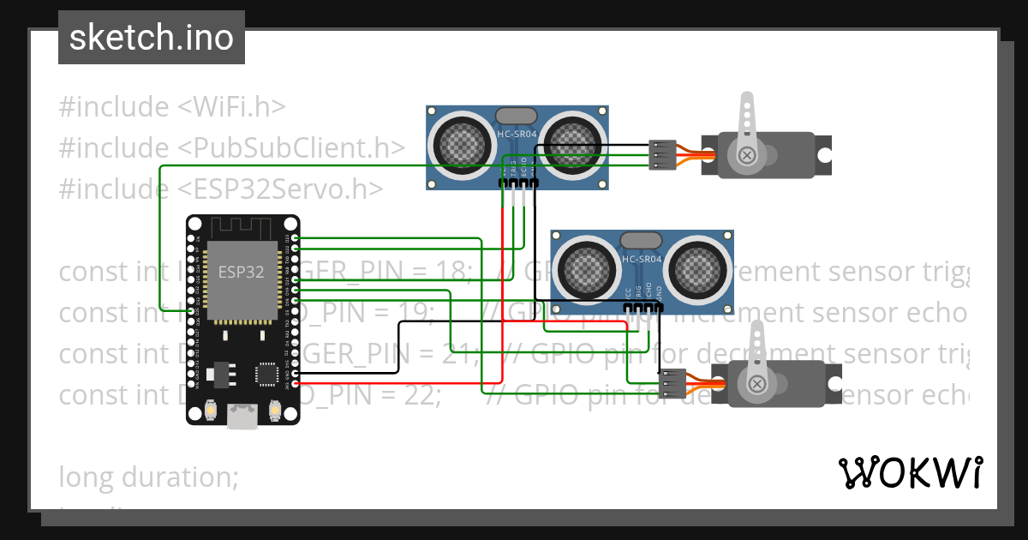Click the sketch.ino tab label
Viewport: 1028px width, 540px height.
pos(151,38)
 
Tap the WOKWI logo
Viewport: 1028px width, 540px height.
pos(909,472)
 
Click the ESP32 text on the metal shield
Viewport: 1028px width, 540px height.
pos(240,273)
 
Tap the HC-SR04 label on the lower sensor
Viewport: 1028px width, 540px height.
pos(642,259)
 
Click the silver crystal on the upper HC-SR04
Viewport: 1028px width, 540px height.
pos(517,115)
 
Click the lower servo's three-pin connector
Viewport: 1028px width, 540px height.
pos(672,383)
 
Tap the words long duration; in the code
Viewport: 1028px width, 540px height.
pos(148,477)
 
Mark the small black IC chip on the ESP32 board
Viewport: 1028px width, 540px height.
pos(266,374)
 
